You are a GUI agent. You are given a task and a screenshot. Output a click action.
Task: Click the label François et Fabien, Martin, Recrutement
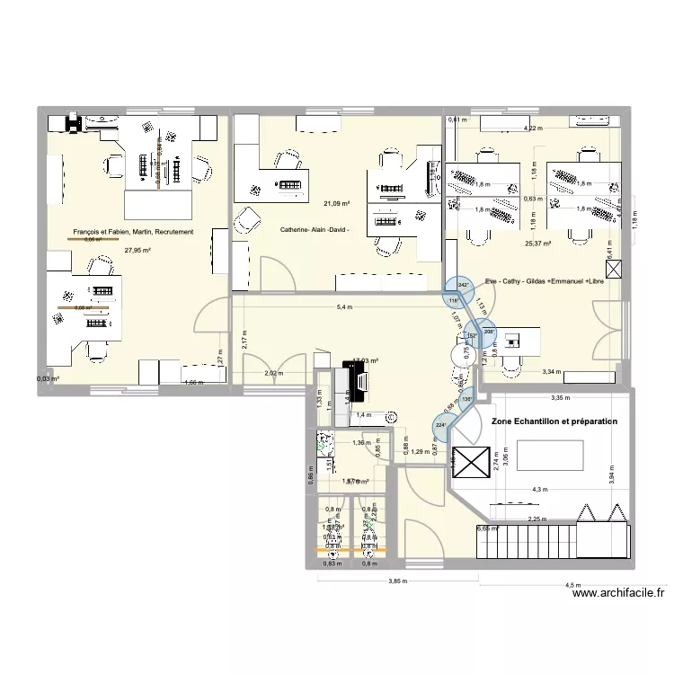(133, 233)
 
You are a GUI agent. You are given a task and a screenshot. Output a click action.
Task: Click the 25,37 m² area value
(538, 243)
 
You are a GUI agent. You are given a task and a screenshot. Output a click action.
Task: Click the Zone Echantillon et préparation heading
(554, 421)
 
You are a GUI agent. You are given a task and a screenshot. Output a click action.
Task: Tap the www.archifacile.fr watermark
(619, 593)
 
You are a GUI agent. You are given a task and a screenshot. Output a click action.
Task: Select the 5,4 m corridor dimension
(344, 308)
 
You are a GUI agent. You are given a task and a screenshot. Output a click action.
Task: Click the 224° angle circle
(440, 425)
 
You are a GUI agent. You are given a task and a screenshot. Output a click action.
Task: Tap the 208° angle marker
(489, 332)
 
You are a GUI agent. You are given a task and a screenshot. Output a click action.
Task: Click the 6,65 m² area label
(487, 529)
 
